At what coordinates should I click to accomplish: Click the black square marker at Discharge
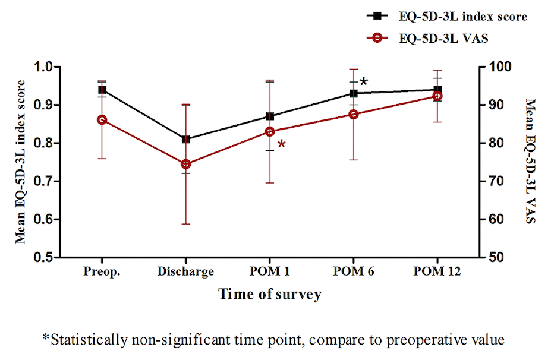[186, 139]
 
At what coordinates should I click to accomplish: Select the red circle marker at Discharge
[186, 164]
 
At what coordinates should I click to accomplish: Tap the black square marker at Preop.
[102, 90]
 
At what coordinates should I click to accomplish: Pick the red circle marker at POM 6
[353, 114]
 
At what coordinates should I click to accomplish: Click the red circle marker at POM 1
[270, 131]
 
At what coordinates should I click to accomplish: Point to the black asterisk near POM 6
[364, 82]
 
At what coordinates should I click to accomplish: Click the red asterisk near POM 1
[281, 144]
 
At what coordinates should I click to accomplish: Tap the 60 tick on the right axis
[495, 219]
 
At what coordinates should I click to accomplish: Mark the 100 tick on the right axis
[497, 67]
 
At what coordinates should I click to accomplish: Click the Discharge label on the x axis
[186, 272]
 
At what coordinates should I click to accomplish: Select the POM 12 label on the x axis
[437, 272]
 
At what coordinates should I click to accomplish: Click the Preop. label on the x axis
[102, 272]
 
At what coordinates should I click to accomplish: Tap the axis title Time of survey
[269, 293]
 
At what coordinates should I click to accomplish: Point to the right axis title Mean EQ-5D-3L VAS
[531, 162]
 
